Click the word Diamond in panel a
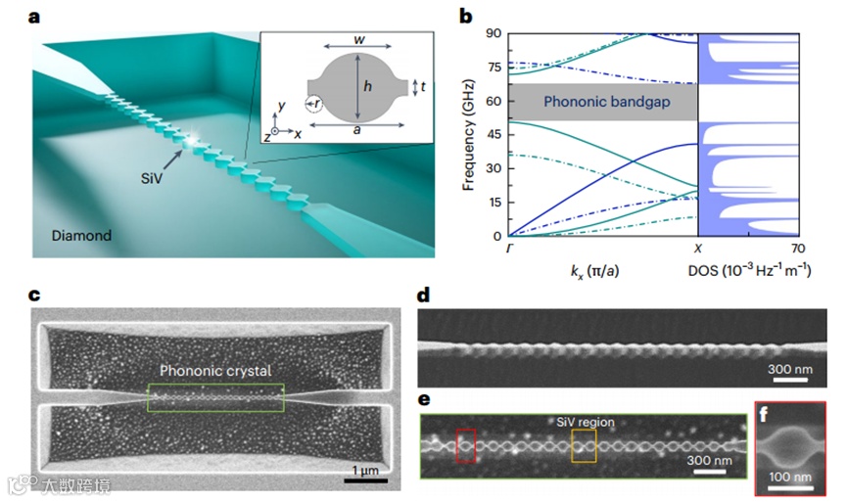tap(82, 236)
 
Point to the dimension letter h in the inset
tap(367, 86)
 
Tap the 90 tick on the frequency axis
tap(494, 32)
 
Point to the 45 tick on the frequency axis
tap(494, 134)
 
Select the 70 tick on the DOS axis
tap(798, 249)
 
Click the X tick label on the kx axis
tap(697, 249)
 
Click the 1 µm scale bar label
tap(367, 471)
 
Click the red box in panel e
tap(465, 445)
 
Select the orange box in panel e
tap(584, 445)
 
